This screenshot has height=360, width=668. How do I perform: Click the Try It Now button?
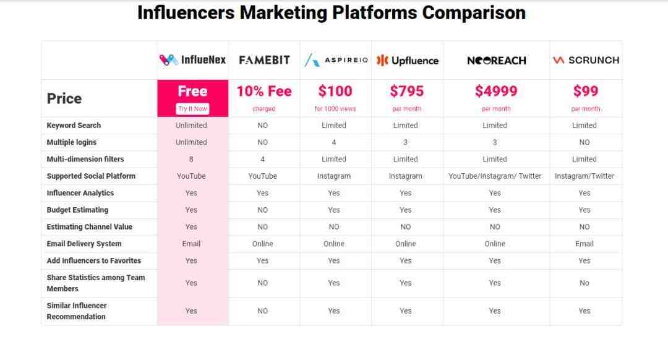(192, 109)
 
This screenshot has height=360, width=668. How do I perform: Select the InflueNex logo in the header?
(192, 59)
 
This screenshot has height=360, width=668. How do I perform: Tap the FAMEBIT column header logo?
(264, 60)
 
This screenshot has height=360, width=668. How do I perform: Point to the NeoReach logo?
(496, 61)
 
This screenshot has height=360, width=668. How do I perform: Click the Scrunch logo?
(586, 60)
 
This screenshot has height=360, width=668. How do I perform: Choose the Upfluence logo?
(407, 61)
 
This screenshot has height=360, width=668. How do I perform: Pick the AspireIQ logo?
(336, 60)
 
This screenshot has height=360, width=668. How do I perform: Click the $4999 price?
(496, 91)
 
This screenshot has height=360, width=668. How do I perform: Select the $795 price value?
(407, 91)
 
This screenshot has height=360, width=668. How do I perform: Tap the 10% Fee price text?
(264, 91)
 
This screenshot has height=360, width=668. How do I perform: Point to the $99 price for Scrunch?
(586, 91)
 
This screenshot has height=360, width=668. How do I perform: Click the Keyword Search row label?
(74, 125)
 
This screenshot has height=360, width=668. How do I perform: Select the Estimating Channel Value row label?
(90, 226)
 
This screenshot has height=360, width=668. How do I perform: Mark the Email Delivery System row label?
(84, 244)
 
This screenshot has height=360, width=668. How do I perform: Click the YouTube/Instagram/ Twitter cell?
(495, 176)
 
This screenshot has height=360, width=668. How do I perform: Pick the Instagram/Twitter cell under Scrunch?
(584, 176)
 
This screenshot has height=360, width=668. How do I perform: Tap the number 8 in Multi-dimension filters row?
(191, 160)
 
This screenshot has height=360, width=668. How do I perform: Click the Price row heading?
(64, 98)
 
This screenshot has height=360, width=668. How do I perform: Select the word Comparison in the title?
(474, 13)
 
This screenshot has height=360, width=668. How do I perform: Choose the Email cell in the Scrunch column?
(584, 244)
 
